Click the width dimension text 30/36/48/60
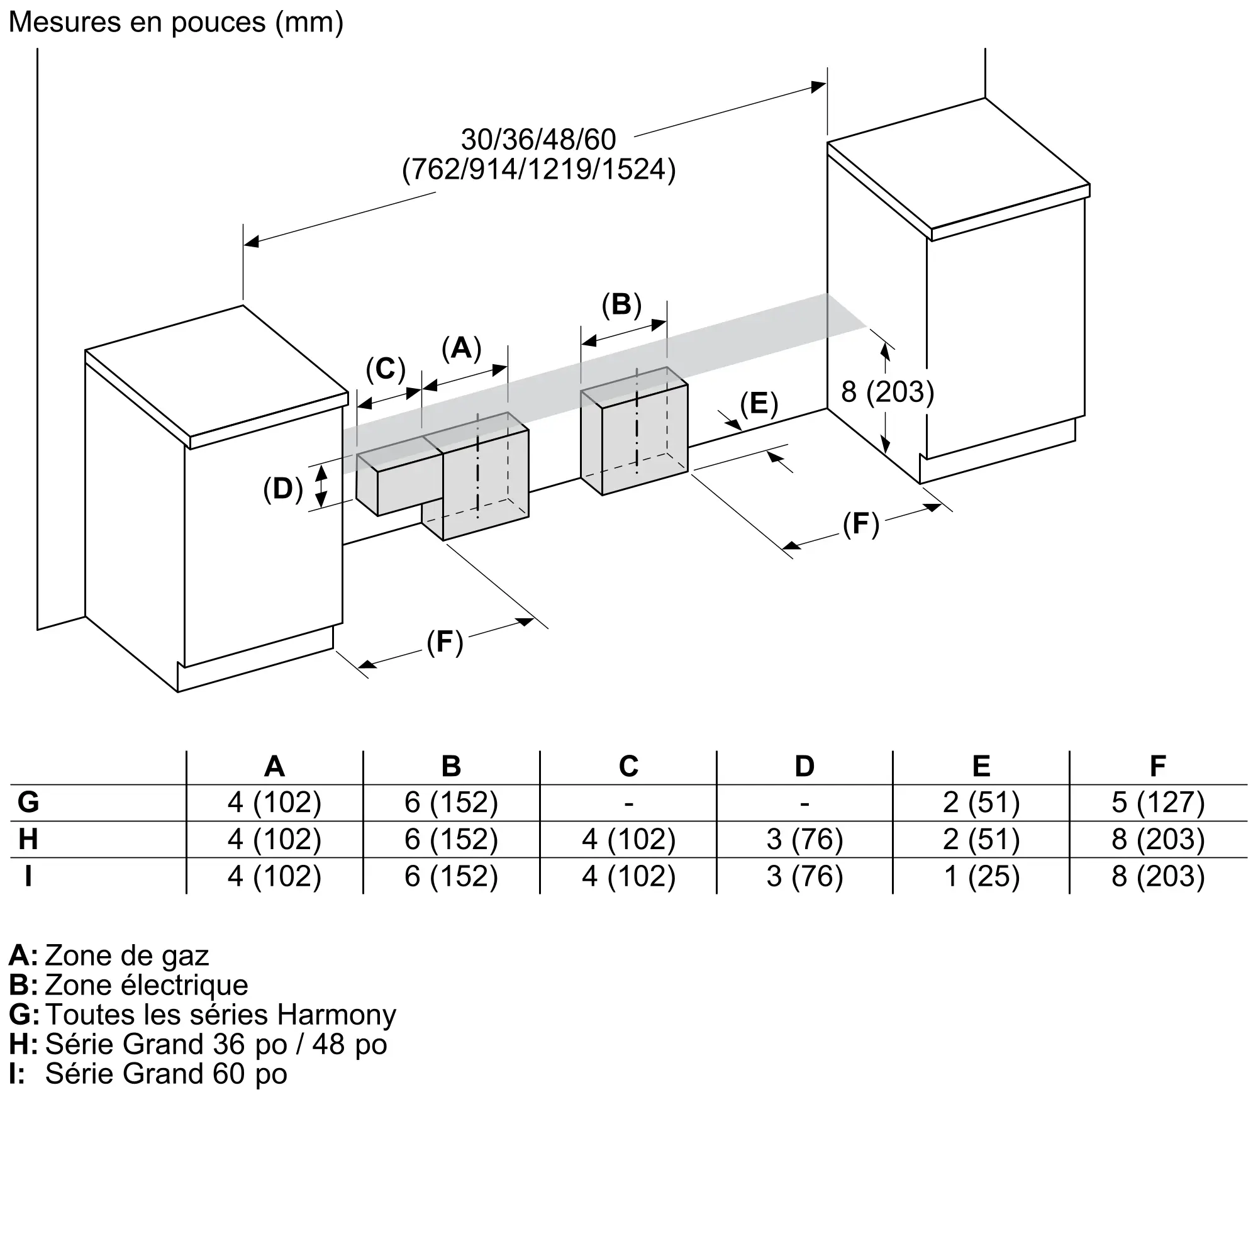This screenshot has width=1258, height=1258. pyautogui.click(x=538, y=140)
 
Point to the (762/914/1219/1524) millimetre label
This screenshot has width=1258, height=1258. pyautogui.click(x=539, y=170)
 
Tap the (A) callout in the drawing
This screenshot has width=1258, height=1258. pyautogui.click(x=462, y=348)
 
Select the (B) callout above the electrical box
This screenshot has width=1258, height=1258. pyautogui.click(x=622, y=304)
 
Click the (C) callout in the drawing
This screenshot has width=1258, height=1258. pyautogui.click(x=386, y=369)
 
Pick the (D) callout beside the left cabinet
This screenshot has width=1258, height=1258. pyautogui.click(x=283, y=488)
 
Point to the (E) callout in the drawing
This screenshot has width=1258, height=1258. pyautogui.click(x=759, y=404)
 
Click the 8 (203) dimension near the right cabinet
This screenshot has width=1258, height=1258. pyautogui.click(x=888, y=392)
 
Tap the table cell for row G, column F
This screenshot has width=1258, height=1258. pyautogui.click(x=1158, y=802)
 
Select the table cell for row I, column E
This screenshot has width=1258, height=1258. pyautogui.click(x=981, y=876)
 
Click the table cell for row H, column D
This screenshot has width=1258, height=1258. pyautogui.click(x=805, y=839)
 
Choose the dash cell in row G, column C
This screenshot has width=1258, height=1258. pyautogui.click(x=628, y=803)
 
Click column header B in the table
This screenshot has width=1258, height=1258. pyautogui.click(x=451, y=766)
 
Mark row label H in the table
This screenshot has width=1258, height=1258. pyautogui.click(x=28, y=839)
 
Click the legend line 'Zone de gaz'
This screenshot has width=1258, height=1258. pyautogui.click(x=127, y=956)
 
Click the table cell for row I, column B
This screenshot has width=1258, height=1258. pyautogui.click(x=451, y=876)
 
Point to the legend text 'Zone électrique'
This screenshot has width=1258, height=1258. pyautogui.click(x=147, y=985)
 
